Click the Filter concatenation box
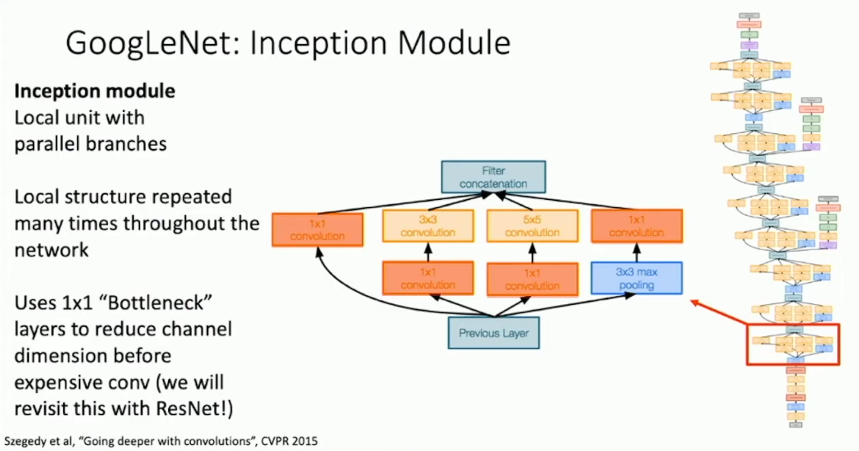click(x=493, y=176)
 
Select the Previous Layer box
click(x=494, y=332)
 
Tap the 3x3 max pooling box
click(x=636, y=278)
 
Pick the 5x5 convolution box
click(x=532, y=226)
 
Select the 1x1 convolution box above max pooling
click(x=637, y=226)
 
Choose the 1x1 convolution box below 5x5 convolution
click(x=533, y=278)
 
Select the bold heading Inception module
click(x=95, y=91)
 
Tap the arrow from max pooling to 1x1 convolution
click(x=636, y=253)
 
